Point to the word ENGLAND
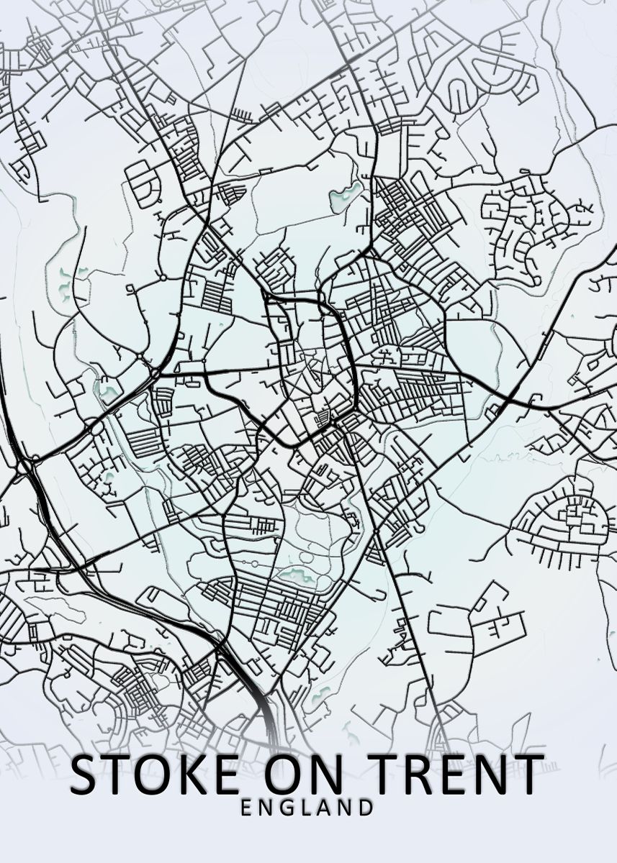(307, 808)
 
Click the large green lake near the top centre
(346, 193)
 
